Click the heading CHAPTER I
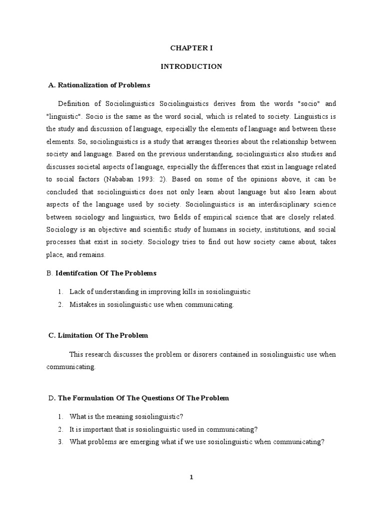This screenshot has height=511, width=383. pos(191,48)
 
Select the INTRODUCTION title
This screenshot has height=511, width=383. pos(191,66)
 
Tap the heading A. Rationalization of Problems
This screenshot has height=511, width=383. pos(99,85)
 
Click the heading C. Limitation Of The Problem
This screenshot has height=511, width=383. pos(98,335)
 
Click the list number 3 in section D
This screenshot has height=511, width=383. pos(59,442)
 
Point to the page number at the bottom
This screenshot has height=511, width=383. pos(191,477)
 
